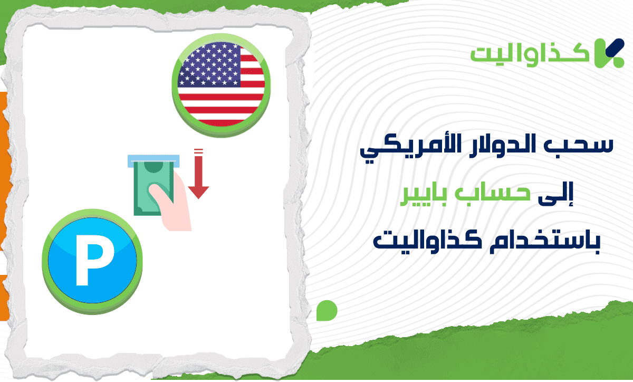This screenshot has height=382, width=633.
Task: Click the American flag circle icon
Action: [x=221, y=87]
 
